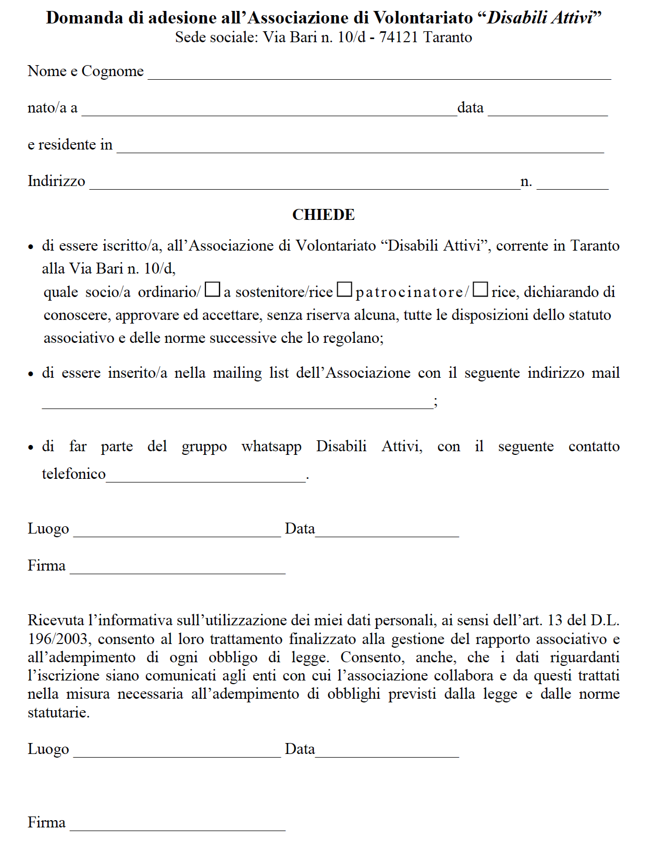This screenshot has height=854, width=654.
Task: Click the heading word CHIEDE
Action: pos(323,215)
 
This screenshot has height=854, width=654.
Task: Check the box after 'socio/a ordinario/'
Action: pos(212,290)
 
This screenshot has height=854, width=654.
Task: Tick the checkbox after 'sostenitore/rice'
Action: pos(344,290)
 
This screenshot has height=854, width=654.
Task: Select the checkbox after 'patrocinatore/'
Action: pos(480,290)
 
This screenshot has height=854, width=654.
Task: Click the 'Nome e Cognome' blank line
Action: pos(379,73)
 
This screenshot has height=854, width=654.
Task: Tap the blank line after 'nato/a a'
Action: pos(269,110)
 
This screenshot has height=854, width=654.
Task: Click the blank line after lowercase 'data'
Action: pos(547,110)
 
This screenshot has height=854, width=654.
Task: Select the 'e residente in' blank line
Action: pos(360,147)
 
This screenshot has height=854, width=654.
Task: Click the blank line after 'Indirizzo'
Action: pos(304,183)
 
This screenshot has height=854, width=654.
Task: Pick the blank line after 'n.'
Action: pos(572,183)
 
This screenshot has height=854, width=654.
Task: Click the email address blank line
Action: pos(237,403)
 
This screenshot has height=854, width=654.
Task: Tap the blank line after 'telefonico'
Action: pos(206,476)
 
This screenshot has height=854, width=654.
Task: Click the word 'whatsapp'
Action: pos(272,447)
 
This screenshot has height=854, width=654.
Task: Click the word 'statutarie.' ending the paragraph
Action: pos(58,713)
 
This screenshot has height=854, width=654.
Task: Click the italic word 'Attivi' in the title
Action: pos(572,18)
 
